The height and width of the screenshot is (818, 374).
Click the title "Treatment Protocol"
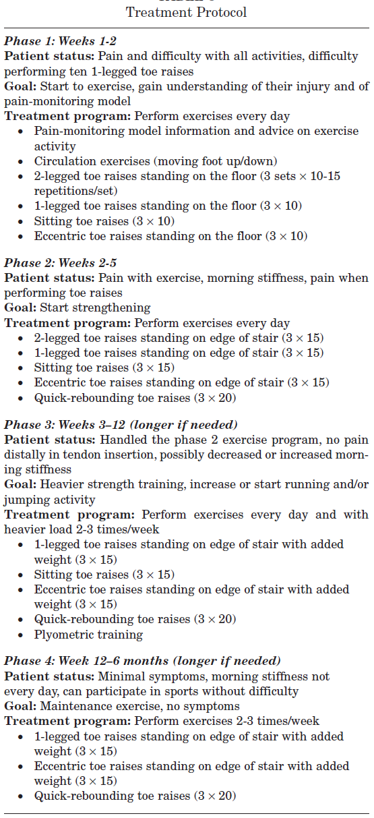(x=187, y=13)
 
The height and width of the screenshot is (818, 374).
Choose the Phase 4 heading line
(x=142, y=661)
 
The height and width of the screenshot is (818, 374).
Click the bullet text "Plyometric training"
(x=88, y=635)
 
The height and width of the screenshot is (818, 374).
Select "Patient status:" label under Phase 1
(x=42, y=57)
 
